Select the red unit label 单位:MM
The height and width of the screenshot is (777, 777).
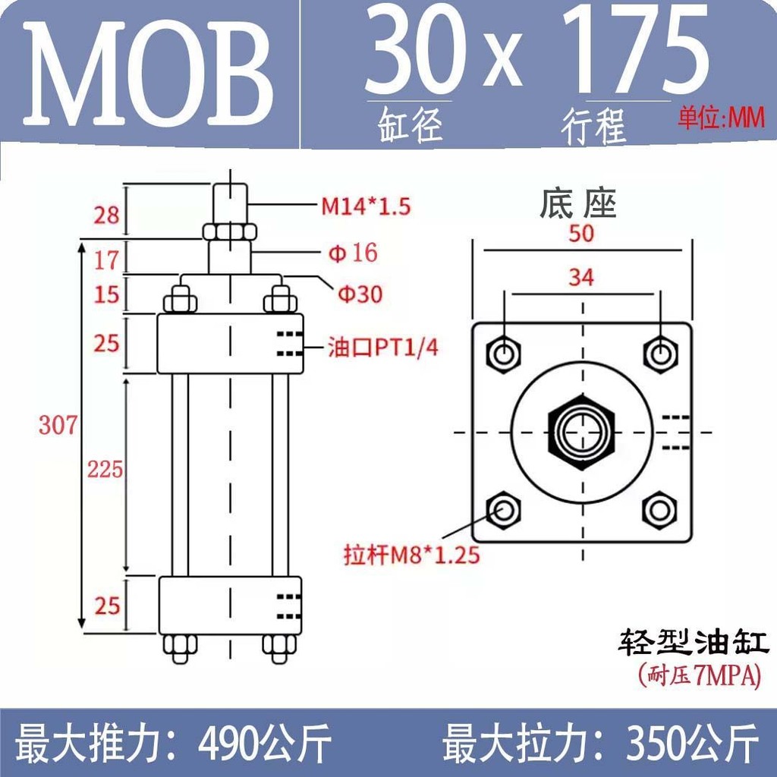pos(721,118)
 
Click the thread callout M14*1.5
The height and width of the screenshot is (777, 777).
pos(366,206)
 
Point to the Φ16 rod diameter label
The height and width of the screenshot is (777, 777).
pos(352,253)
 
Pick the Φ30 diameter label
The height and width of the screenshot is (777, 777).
pos(360,294)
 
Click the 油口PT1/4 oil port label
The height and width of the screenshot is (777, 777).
pos(383,348)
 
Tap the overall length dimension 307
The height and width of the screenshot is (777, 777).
pos(58,425)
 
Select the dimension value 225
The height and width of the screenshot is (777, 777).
pos(105,469)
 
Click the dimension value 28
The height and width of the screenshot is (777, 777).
pos(106,215)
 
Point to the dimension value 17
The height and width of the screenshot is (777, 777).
pos(106,260)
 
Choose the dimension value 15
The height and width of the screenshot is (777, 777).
pos(106,294)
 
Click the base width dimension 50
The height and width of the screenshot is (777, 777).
pos(581,233)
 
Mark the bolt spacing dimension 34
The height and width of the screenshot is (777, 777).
pos(581,277)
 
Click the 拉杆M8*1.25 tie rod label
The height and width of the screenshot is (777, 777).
pos(412,555)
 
